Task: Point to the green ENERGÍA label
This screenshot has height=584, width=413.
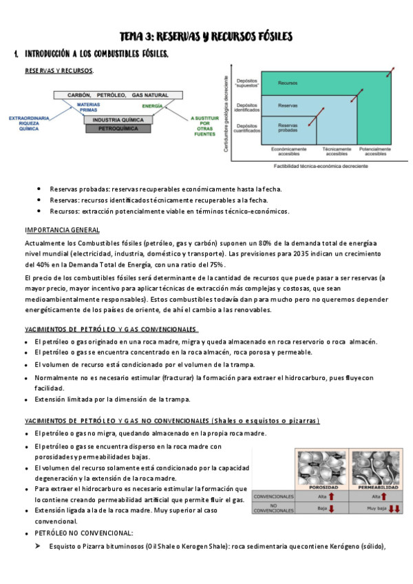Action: [x=153, y=106]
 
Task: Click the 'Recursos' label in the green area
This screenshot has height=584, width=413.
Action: [x=288, y=83]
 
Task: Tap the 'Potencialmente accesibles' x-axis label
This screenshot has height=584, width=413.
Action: [x=375, y=152]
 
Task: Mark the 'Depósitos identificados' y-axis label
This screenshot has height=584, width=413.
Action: [x=247, y=107]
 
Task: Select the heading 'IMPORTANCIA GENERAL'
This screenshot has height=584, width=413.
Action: [x=62, y=230]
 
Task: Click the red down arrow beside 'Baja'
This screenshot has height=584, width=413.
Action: [x=332, y=509]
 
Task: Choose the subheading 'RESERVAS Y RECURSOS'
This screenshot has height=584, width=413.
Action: [x=59, y=70]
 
